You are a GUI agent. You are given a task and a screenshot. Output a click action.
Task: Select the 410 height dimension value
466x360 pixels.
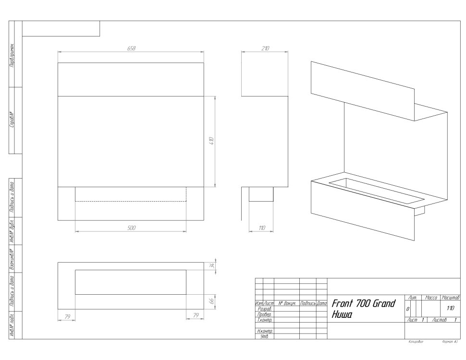tap(211, 141)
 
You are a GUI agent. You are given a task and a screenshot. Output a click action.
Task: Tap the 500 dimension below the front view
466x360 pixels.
tap(131, 228)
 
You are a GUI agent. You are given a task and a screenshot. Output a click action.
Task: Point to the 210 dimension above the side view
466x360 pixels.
tap(265, 48)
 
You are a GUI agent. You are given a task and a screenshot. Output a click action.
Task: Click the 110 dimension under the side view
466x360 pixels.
tap(261, 228)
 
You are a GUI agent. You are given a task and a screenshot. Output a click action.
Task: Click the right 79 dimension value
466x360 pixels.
tap(196, 315)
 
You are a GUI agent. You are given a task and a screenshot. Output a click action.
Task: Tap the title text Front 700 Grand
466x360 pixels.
tap(363, 303)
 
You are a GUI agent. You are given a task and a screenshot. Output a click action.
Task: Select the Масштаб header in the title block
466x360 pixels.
tap(450, 298)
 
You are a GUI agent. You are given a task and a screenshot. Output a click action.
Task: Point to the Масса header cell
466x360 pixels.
tap(431, 298)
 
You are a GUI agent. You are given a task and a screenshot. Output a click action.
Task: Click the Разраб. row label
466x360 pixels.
tap(265, 310)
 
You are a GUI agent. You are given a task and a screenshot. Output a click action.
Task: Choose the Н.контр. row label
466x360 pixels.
tap(265, 331)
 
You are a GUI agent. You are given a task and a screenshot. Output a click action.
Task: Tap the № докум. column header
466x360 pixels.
tap(286, 304)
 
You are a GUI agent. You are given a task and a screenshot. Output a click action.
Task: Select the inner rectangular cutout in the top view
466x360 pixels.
tap(131, 282)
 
